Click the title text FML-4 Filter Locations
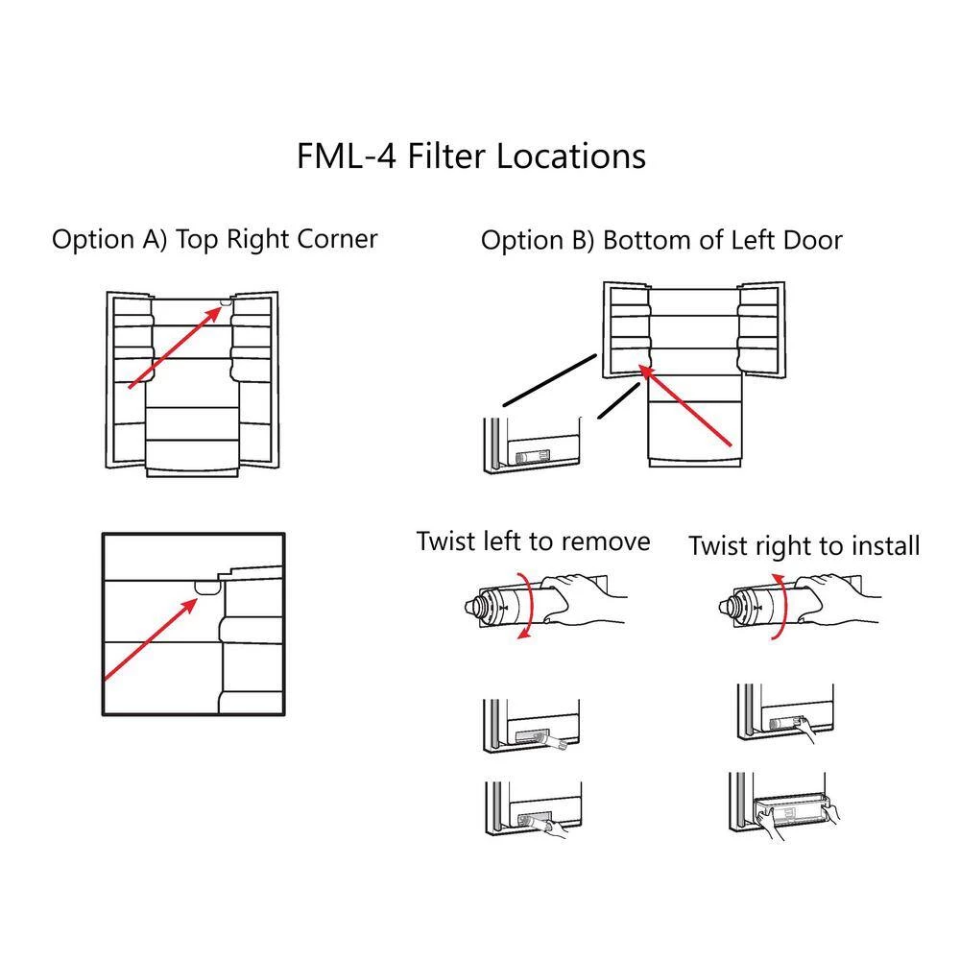(470, 156)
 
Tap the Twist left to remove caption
(533, 541)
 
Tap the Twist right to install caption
(804, 546)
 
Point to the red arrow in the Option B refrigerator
(686, 406)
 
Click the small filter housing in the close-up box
(205, 585)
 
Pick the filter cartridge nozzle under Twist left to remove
(477, 608)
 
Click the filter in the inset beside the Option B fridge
(534, 459)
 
